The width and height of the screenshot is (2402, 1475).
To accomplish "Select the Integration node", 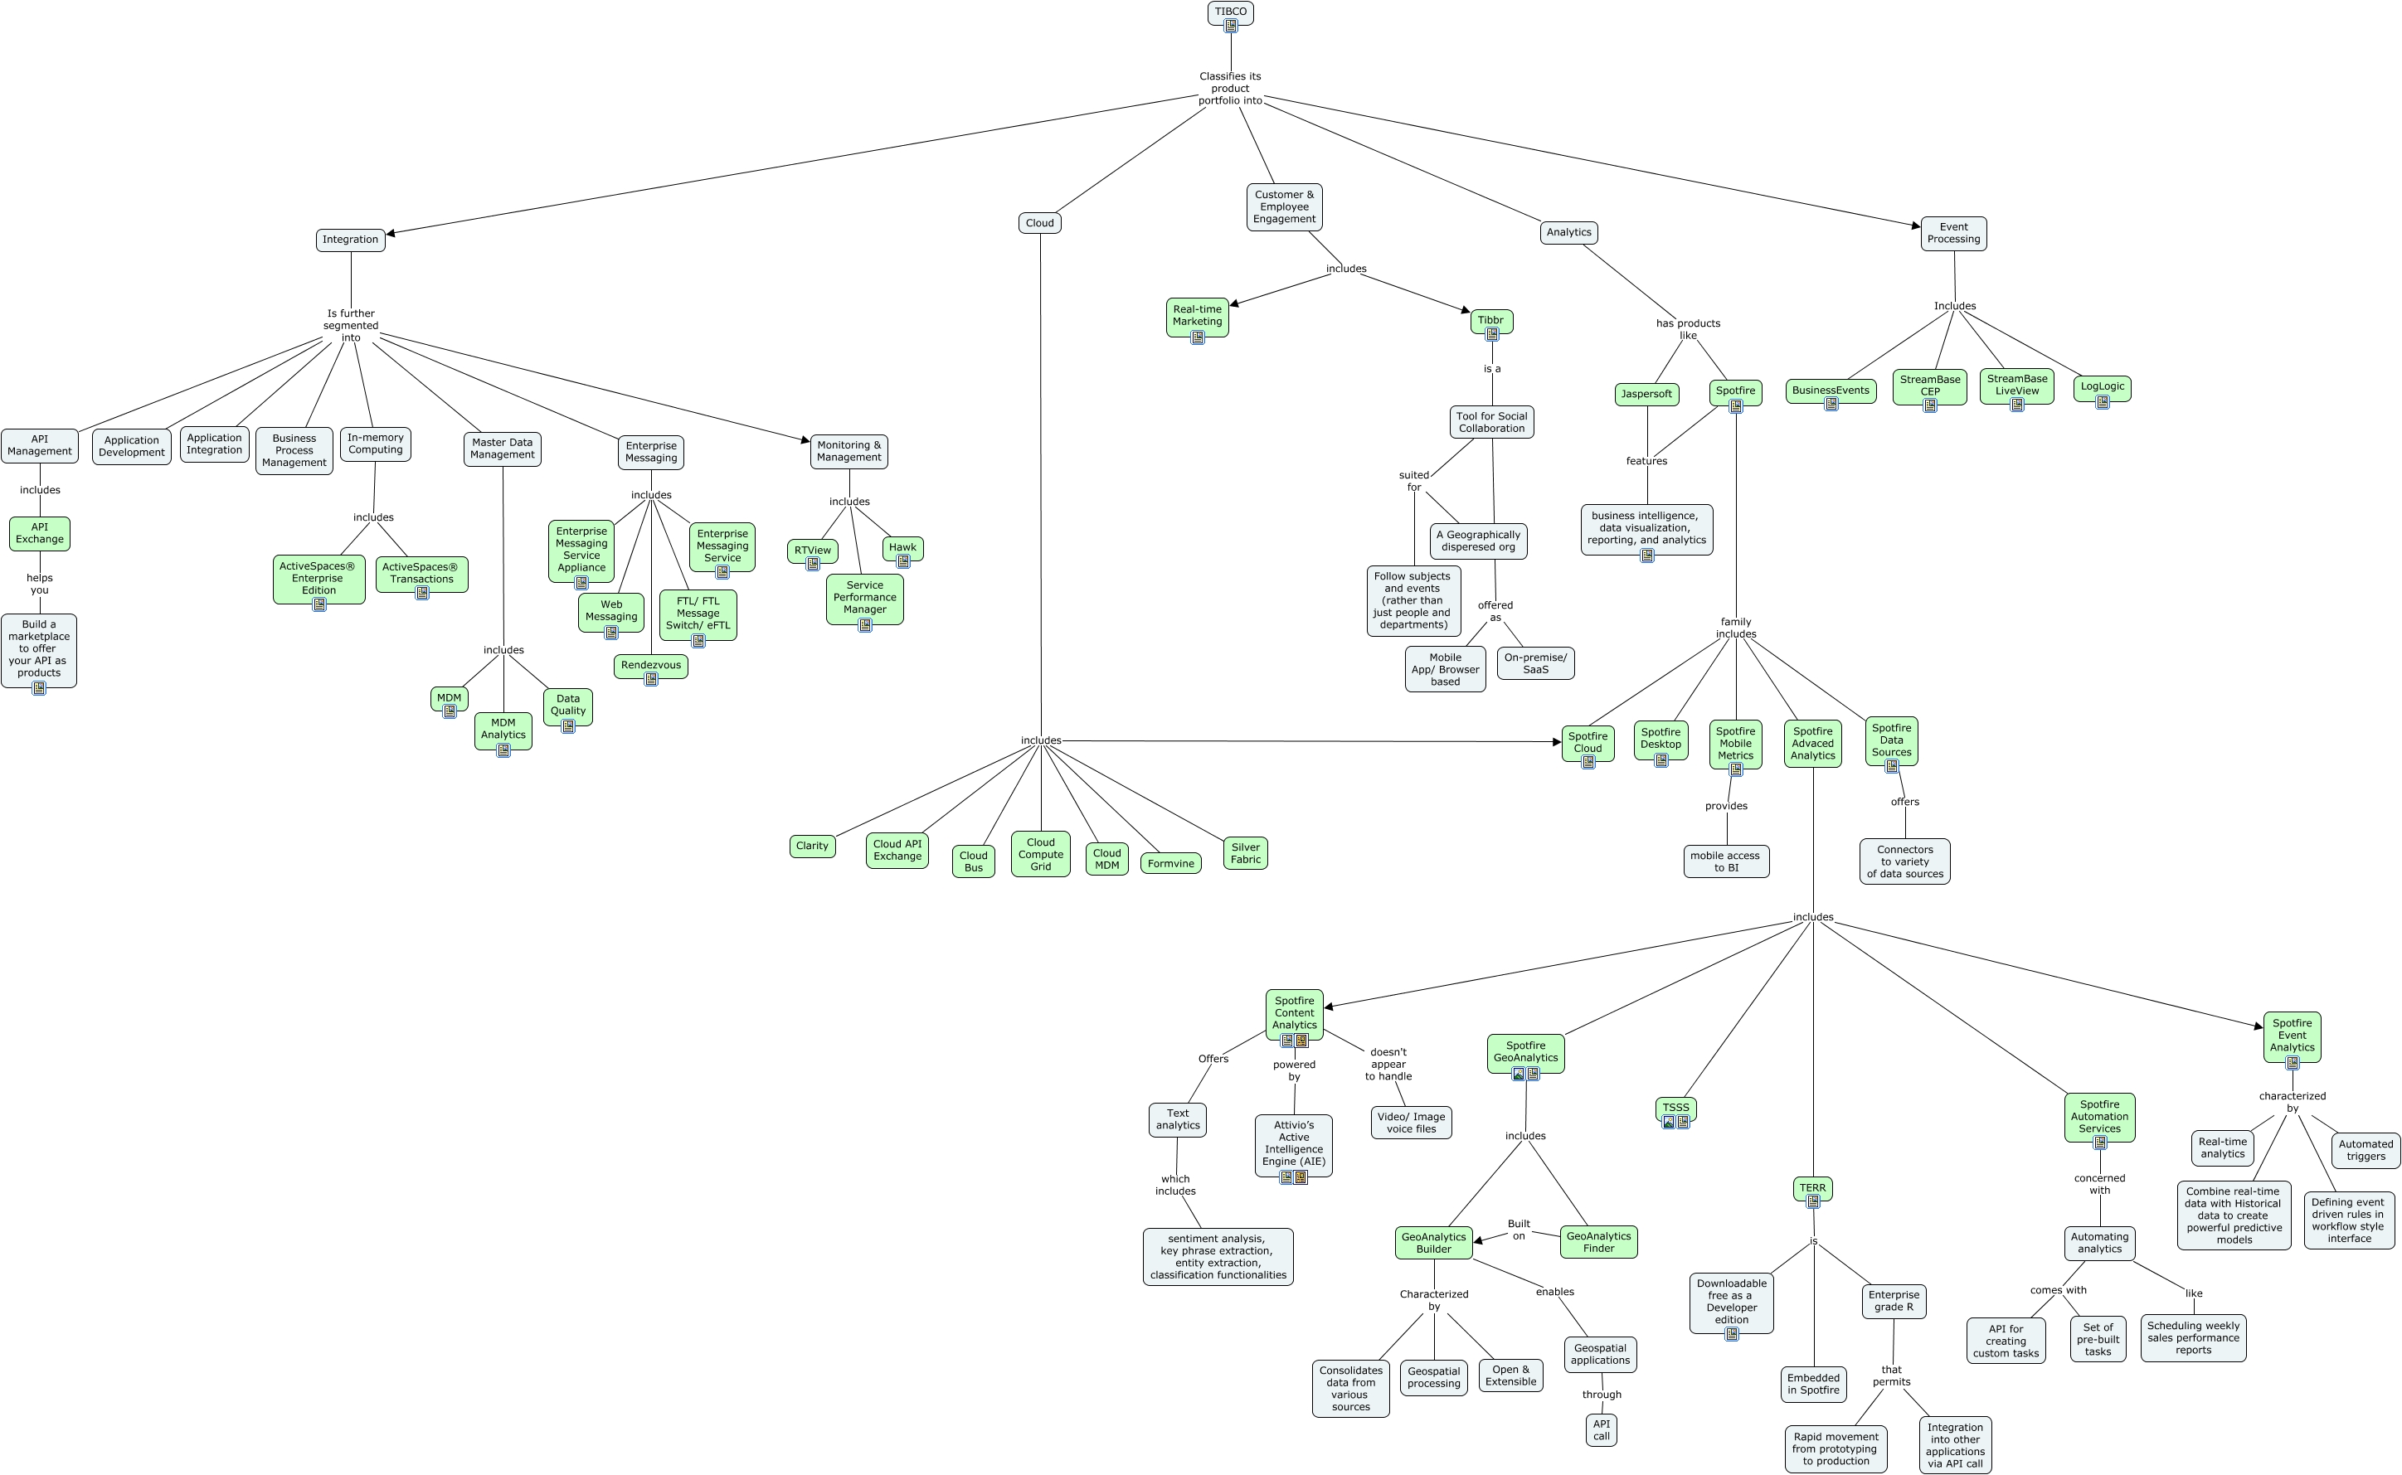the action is [350, 240].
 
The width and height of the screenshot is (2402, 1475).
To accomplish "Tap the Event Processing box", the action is [1953, 233].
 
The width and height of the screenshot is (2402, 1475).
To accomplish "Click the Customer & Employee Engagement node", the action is [1284, 206].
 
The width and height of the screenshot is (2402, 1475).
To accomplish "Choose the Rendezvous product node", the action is [651, 667].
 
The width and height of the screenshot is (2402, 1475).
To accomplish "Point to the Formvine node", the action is [1171, 863].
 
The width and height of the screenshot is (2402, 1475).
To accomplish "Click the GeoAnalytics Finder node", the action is [1598, 1242].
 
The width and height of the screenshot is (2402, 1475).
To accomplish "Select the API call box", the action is [1601, 1430].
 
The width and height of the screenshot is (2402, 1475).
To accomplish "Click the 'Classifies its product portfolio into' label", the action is [1230, 89].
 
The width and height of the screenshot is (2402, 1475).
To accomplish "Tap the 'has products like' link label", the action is [1688, 330].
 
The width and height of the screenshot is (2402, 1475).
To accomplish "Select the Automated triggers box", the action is [2365, 1150].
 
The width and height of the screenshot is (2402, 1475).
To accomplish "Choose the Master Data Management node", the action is [503, 449].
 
